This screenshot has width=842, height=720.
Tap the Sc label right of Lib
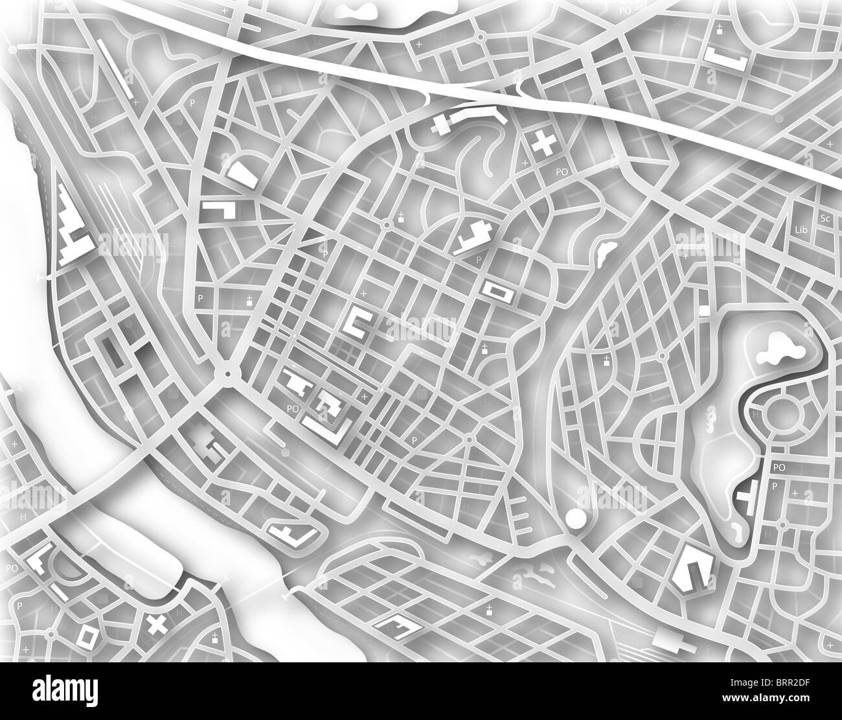tap(825, 218)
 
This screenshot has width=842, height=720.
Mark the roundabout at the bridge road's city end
tap(228, 374)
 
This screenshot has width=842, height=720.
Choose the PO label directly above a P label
tap(779, 467)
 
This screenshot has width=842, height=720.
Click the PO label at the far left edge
tap(12, 568)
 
